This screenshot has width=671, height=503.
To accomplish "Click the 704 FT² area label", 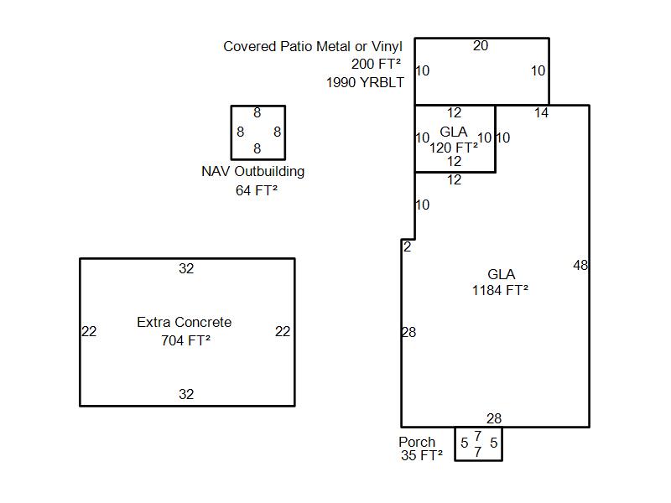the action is pos(185,340).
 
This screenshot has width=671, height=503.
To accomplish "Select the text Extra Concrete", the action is pos(184,322).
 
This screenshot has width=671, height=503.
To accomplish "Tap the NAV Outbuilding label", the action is pos(253,172).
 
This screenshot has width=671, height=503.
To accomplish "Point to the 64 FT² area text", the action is pos(257,190).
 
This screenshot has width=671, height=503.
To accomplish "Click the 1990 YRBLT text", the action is pos(365,82).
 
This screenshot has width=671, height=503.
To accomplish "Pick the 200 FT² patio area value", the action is pos(376,65).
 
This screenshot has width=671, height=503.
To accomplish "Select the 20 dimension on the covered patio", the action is pos(481,46).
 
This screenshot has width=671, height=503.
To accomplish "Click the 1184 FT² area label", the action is pos(500,290).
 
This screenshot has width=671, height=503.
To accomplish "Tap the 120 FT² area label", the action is pos(454,148).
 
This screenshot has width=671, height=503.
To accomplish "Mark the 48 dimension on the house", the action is pos(580,265).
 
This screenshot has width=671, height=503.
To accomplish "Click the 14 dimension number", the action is pos(541,112).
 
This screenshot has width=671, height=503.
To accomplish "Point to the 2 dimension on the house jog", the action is pos(407,246).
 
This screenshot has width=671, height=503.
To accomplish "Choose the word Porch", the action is pos(417,442).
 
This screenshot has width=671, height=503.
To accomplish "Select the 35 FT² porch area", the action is pos(422,455).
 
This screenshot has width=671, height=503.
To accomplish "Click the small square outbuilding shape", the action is pos(231,132).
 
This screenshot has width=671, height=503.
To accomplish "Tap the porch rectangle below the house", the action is pos(455,444).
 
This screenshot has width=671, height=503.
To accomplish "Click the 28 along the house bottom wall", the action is pos(494,418).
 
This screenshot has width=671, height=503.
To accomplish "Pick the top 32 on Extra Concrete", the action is pos(186,268).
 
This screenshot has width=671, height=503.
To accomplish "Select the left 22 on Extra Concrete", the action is pos(89,331).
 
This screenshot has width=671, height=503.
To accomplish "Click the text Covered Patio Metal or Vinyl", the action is pos(313,46).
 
